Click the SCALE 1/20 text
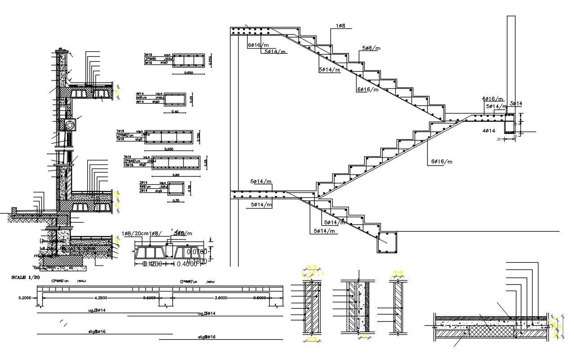tap(24, 278)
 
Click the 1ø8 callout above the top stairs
tap(340, 26)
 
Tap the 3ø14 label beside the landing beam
tap(515, 104)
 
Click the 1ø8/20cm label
tap(135, 233)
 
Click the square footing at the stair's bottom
tap(387, 243)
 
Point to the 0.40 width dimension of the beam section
tap(175, 112)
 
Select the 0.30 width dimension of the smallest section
tap(176, 201)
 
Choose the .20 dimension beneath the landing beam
tap(499, 139)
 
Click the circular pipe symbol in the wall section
tap(70, 125)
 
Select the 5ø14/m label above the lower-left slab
tap(261, 182)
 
